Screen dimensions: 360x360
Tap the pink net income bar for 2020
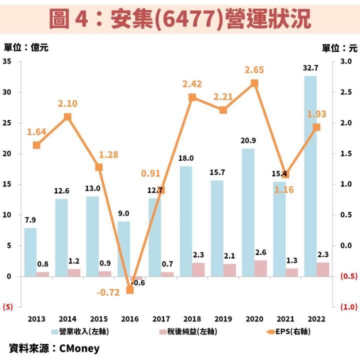tap(261, 268)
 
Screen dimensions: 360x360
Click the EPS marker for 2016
tap(130, 289)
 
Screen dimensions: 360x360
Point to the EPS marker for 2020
tap(254, 83)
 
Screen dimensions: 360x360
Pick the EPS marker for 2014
tap(67, 117)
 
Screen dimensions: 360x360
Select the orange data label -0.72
tap(108, 292)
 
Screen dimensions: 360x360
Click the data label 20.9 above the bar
tap(248, 140)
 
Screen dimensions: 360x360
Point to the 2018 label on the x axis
tap(192, 318)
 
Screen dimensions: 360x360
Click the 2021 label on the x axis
tap(285, 318)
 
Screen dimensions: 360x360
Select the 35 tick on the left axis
tap(7, 61)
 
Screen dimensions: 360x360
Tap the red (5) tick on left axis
tap(7, 307)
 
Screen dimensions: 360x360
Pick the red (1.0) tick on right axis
tap(348, 307)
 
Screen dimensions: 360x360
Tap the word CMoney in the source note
tap(79, 348)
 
